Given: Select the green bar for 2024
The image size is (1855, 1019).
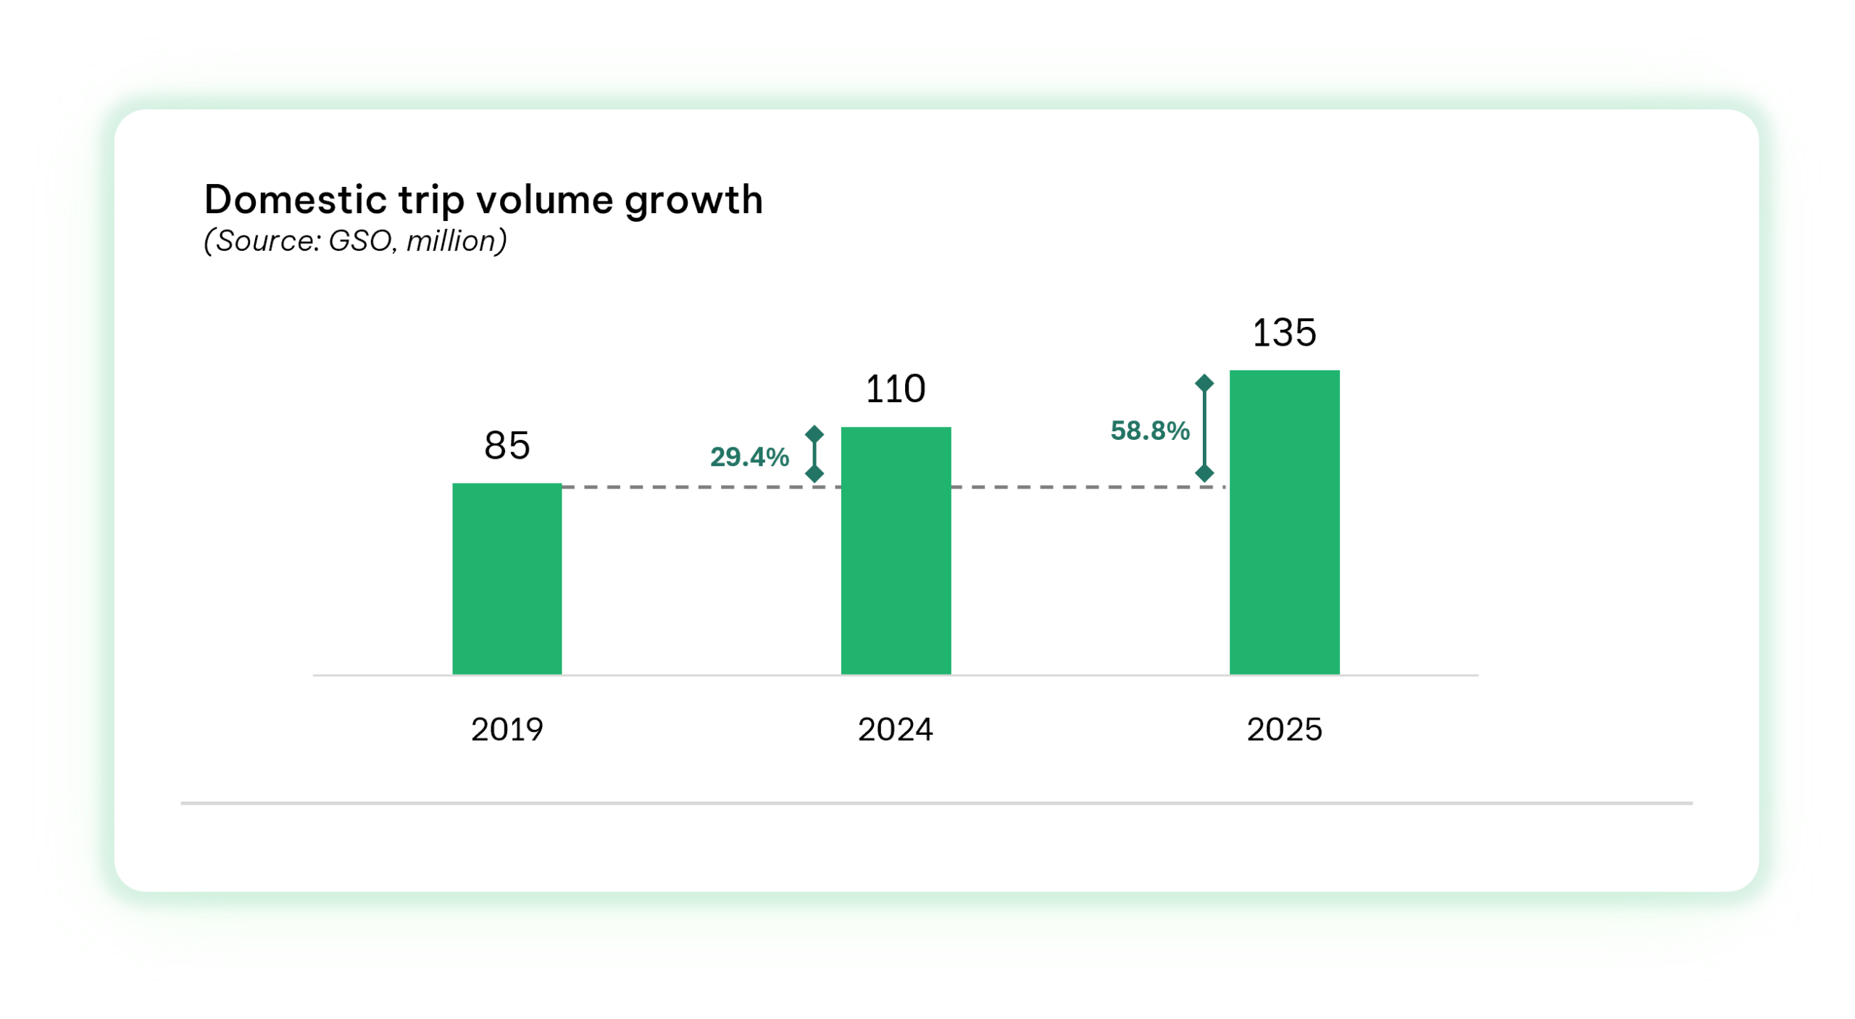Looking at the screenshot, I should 896,551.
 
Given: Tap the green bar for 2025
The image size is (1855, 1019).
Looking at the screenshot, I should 1284,522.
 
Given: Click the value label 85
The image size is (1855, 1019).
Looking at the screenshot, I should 507,445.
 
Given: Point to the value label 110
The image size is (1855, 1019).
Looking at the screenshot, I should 896,389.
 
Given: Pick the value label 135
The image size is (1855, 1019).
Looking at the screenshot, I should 1284,333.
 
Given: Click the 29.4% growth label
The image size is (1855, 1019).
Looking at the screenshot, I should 749,457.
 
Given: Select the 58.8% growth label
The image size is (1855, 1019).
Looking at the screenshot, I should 1150,431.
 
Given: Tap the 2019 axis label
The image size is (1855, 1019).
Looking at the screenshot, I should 507,729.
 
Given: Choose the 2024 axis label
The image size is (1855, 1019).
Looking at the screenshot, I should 896,729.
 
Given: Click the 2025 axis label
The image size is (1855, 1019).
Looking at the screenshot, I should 1284,729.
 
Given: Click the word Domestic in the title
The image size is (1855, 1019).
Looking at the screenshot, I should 295,200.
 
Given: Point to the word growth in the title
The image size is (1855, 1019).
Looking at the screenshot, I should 693,201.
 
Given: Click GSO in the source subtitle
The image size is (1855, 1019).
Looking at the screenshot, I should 360,241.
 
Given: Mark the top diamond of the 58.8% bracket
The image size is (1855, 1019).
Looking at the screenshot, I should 1204,383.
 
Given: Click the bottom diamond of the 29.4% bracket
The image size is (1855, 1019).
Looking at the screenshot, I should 814,474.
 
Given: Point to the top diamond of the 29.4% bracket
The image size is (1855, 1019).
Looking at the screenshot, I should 814,434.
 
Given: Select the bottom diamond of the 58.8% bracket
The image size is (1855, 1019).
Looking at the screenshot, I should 1204,474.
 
